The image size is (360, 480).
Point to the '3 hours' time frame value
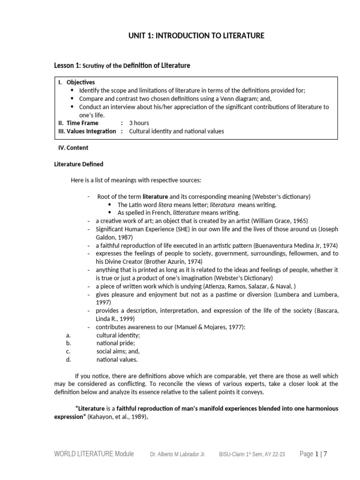[x=139, y=123]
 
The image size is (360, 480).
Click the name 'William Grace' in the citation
[x=267, y=221]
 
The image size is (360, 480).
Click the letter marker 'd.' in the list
[x=68, y=360]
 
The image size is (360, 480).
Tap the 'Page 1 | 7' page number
[x=314, y=454]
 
